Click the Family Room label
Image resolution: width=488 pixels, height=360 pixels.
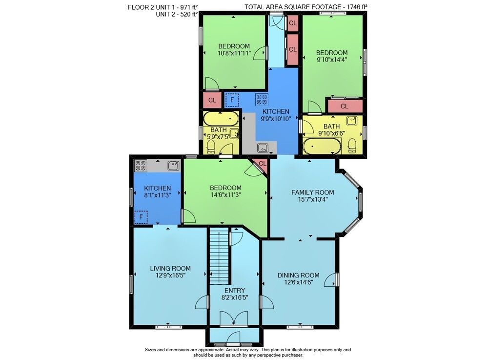tap(312, 192)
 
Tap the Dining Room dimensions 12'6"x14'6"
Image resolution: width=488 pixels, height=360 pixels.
tap(298, 282)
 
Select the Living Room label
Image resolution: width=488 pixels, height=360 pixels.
tap(170, 269)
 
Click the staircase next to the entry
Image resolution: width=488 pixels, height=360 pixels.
tap(220, 256)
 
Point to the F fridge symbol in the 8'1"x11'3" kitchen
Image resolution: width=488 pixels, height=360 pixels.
tap(141, 217)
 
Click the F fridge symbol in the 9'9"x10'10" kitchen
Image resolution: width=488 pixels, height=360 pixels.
tap(231, 100)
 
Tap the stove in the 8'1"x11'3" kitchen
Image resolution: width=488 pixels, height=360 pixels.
tap(141, 166)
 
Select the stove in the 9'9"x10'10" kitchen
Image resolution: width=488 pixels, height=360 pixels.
tap(262, 99)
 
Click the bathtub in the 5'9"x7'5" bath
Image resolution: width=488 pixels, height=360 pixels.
tap(221, 119)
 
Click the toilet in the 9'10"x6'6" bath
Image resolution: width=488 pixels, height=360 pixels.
tap(352, 146)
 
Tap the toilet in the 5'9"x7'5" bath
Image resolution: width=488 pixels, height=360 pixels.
tap(211, 147)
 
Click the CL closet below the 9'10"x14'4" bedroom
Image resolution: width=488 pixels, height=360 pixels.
tap(344, 106)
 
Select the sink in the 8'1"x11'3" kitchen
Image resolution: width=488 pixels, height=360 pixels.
tap(173, 166)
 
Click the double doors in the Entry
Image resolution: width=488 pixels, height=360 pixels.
tap(234, 318)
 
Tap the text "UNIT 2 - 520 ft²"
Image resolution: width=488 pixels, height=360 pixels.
tap(177, 14)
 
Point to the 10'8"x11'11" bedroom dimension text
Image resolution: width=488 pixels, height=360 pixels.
tap(234, 53)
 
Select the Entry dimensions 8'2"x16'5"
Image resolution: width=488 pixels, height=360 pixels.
tap(234, 297)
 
